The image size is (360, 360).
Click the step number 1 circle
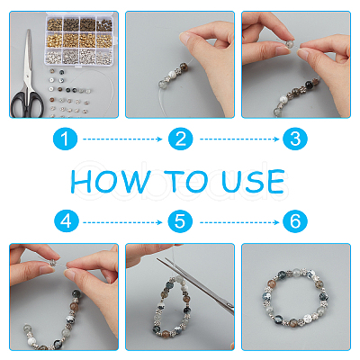point(65,139)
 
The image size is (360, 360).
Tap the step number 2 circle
point(180,139)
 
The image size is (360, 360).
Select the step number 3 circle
point(295,139)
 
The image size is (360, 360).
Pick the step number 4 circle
point(67,221)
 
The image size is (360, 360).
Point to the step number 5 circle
point(180,221)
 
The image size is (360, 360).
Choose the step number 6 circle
point(295,221)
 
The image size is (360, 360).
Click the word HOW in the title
point(110,181)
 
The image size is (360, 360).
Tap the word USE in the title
point(253,181)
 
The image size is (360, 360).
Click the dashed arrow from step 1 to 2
point(122,139)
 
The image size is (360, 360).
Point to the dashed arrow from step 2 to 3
point(239,139)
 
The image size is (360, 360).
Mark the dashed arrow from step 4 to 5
point(122,222)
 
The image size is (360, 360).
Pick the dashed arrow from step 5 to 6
point(239,222)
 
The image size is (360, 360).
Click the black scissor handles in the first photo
point(27,104)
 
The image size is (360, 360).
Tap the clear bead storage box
point(79,39)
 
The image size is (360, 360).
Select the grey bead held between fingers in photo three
point(288,44)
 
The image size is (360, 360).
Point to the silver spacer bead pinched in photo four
point(54,263)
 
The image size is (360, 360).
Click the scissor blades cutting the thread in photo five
point(195,285)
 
